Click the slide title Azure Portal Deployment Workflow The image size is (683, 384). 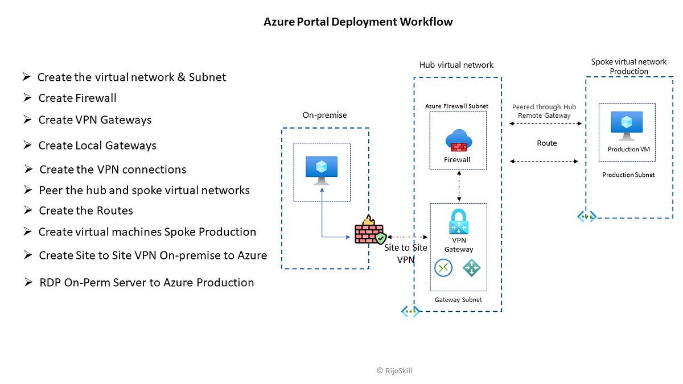click(x=358, y=22)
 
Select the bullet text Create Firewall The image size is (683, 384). click(x=77, y=98)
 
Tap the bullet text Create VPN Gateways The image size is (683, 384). click(x=94, y=120)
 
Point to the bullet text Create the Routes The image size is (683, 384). click(x=86, y=210)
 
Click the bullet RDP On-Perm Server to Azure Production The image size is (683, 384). click(x=146, y=282)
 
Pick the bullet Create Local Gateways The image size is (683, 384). click(x=97, y=146)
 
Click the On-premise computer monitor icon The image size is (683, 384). click(x=322, y=170)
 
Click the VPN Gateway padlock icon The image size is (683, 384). click(x=459, y=222)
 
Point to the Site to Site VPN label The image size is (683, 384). click(x=405, y=254)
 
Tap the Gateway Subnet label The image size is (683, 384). click(x=458, y=300)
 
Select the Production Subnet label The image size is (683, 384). click(x=628, y=175)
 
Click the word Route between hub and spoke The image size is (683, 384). click(x=546, y=143)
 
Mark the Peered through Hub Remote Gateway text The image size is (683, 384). click(x=544, y=111)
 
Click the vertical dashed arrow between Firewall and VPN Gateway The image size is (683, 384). click(x=459, y=185)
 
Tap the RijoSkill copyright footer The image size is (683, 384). click(x=394, y=370)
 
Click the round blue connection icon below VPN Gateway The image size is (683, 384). click(x=443, y=267)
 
